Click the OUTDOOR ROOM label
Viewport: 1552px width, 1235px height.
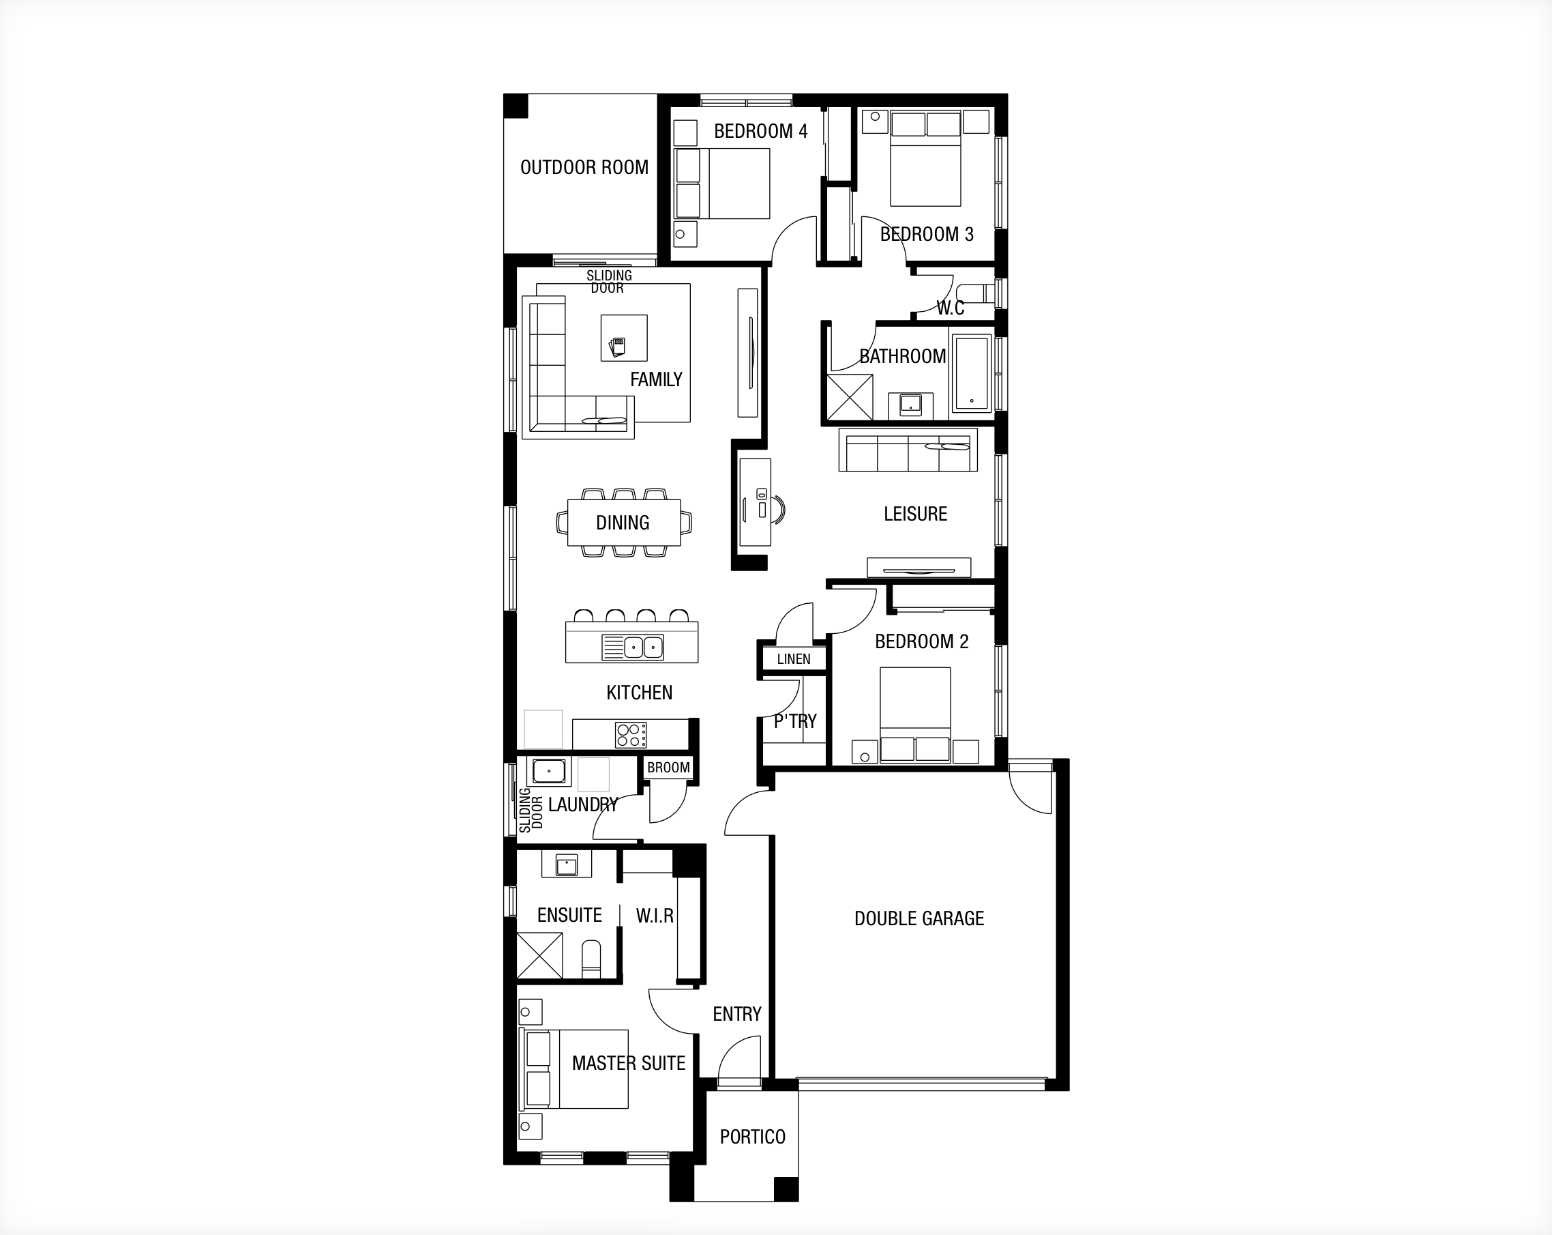pos(584,167)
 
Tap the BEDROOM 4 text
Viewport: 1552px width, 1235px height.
pos(760,131)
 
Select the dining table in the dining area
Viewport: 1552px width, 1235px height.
pos(623,523)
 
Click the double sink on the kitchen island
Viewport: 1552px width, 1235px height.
pos(643,648)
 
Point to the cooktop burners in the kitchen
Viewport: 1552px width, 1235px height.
pos(631,735)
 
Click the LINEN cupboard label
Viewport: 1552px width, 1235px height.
pos(793,659)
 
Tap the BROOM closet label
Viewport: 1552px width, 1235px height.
pos(668,768)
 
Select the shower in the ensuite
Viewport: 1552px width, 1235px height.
pos(540,956)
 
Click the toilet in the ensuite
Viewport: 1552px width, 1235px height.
pos(591,959)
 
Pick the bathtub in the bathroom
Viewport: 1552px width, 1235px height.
pos(972,373)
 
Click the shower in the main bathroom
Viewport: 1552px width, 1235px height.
pos(850,396)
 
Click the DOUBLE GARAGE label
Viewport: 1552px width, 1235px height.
pos(919,918)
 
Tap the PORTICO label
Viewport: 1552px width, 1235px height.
pos(752,1136)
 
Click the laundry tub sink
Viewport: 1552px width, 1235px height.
pos(548,771)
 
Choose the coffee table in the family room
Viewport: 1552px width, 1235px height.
pos(624,338)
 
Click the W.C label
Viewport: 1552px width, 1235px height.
pos(950,308)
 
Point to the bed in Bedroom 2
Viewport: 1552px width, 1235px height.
pos(915,714)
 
